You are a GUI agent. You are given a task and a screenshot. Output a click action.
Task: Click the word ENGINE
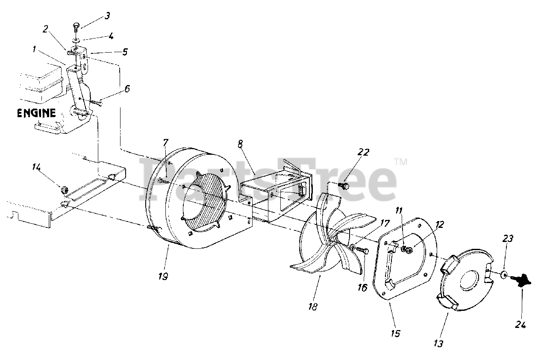(x=36, y=113)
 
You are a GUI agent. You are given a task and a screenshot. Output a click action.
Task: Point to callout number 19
(x=162, y=276)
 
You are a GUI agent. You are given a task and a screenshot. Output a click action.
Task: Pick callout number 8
(x=240, y=144)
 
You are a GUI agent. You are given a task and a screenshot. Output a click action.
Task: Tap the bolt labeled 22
(x=343, y=186)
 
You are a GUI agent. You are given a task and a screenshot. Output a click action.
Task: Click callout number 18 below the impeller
(x=313, y=307)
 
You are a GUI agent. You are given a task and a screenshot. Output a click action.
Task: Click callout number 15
(x=395, y=333)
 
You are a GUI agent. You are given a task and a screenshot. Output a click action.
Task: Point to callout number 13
(x=438, y=343)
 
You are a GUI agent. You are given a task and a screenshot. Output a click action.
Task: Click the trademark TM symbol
(x=400, y=162)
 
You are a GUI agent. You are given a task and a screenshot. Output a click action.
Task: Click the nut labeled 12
(x=409, y=250)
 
